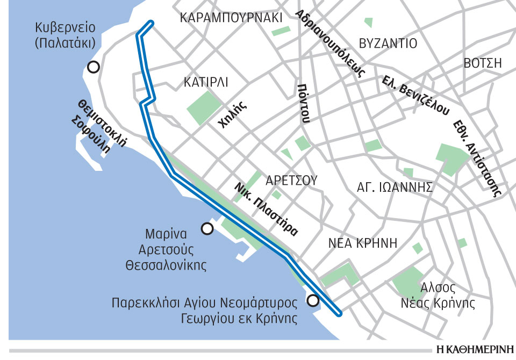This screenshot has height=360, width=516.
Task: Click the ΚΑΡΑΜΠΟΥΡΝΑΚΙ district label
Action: pyautogui.click(x=231, y=18)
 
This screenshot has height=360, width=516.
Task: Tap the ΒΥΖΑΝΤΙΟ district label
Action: pyautogui.click(x=389, y=44)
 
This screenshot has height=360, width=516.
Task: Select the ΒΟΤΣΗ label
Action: pyautogui.click(x=482, y=63)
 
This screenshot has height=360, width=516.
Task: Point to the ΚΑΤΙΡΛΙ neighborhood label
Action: pyautogui.click(x=206, y=83)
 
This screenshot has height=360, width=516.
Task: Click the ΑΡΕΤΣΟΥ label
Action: pyautogui.click(x=292, y=180)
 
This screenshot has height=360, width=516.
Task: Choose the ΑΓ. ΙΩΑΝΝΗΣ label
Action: pyautogui.click(x=395, y=187)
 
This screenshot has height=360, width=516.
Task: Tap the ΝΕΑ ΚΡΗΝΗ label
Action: pyautogui.click(x=363, y=243)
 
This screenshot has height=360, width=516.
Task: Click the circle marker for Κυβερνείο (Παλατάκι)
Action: pyautogui.click(x=94, y=67)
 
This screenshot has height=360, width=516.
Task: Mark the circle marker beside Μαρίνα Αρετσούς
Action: pyautogui.click(x=206, y=229)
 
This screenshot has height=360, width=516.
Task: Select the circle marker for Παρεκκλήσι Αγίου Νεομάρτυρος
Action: pyautogui.click(x=313, y=300)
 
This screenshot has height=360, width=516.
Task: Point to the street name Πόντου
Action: pyautogui.click(x=304, y=103)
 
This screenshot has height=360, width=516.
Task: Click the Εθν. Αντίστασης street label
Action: pyautogui.click(x=477, y=157)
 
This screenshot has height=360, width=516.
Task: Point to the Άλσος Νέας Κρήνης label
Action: pyautogui.click(x=438, y=295)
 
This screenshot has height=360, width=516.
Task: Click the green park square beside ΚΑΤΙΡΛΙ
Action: pyautogui.click(x=203, y=107)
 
